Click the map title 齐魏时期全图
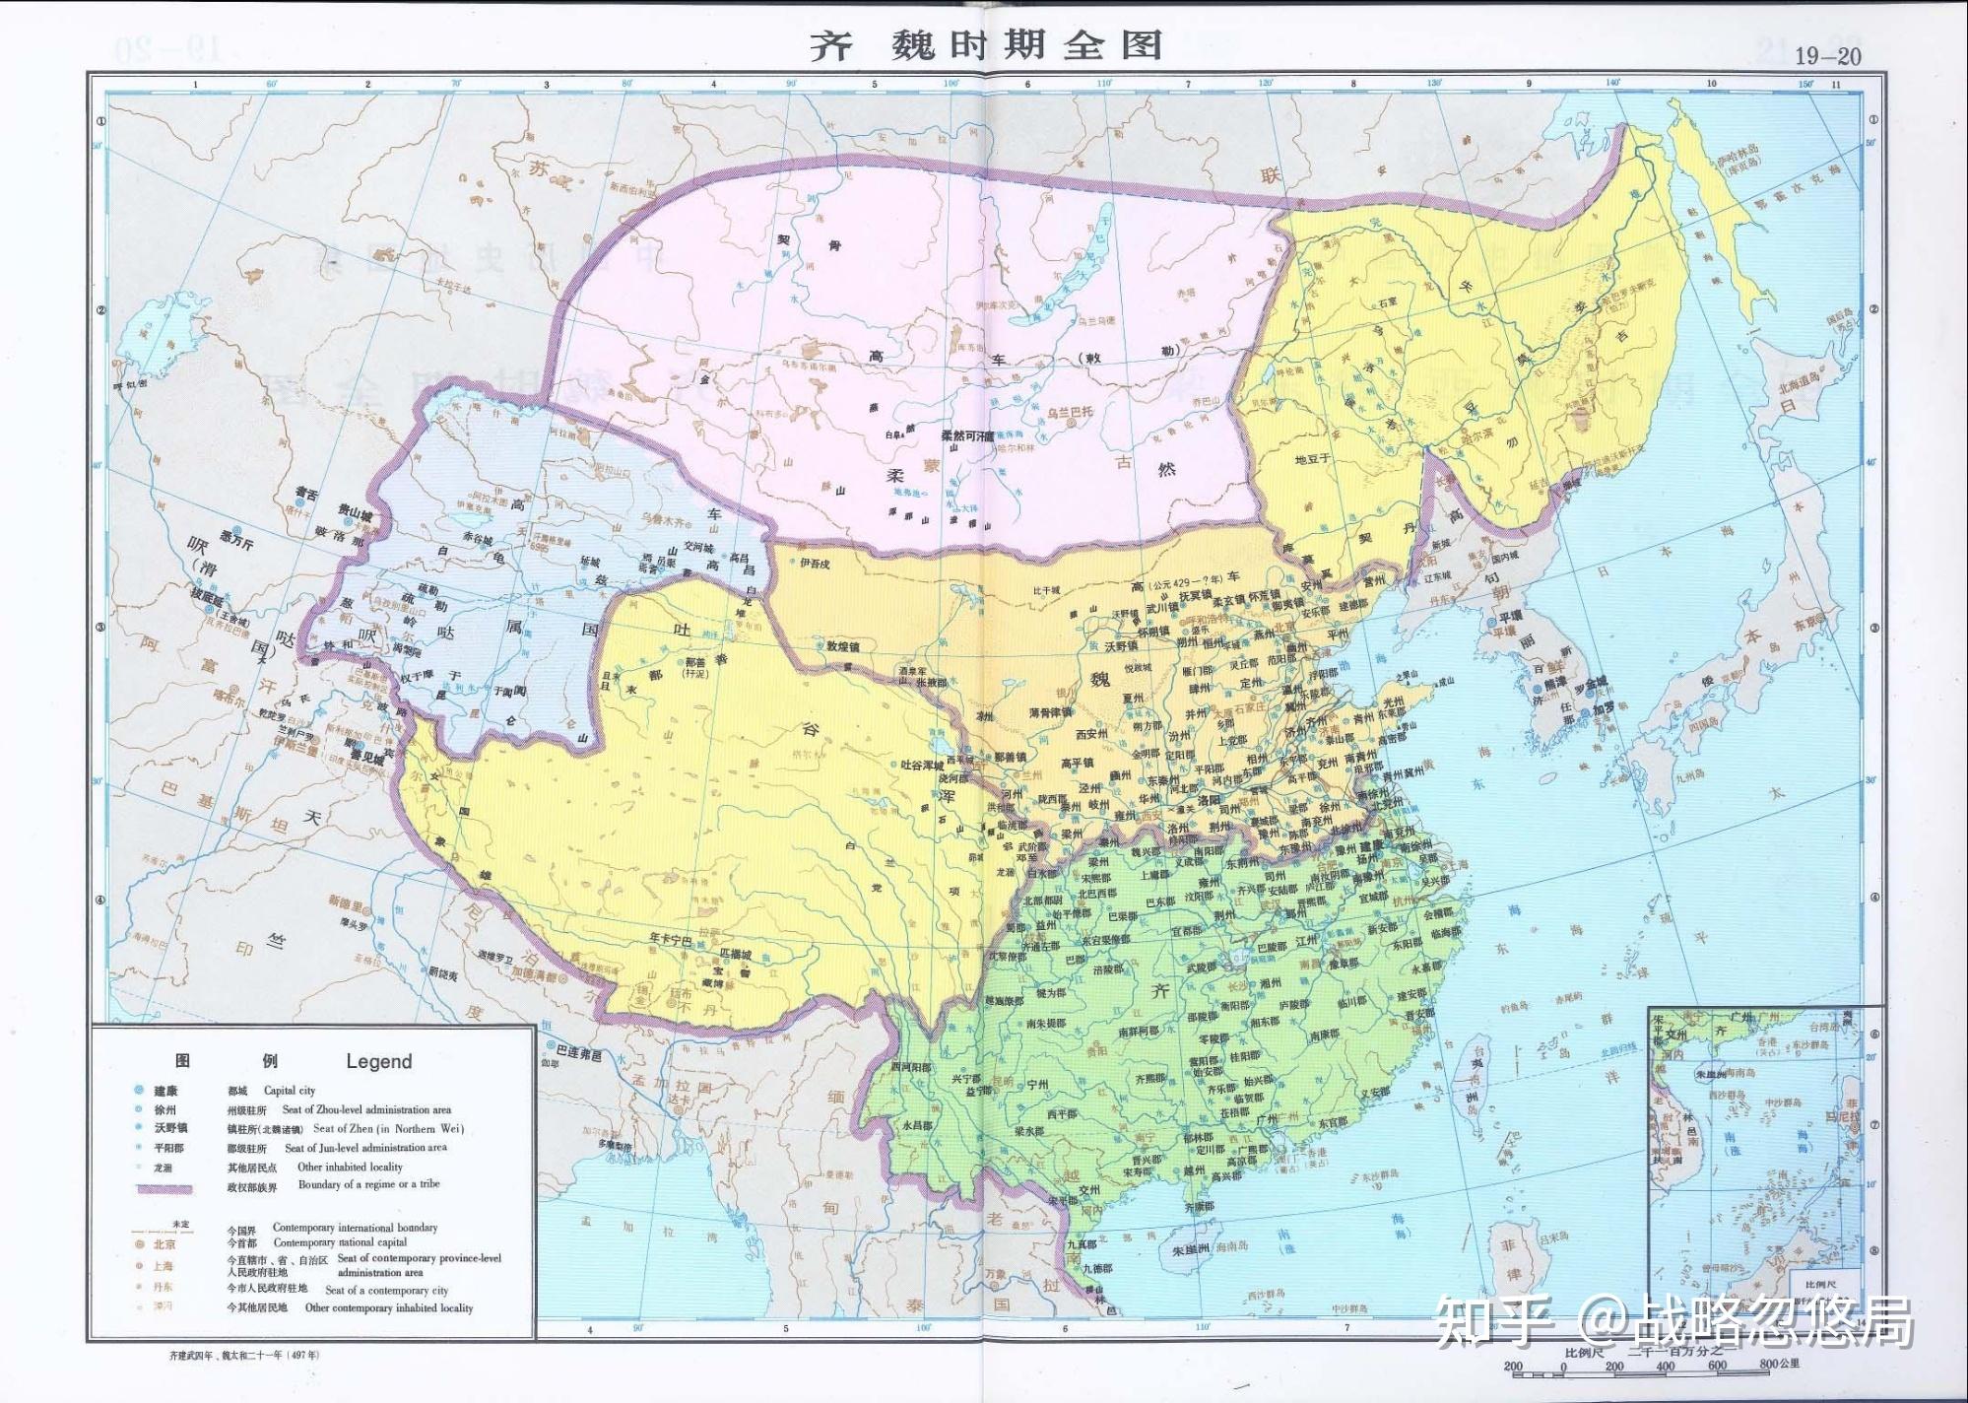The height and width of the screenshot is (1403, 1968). pyautogui.click(x=985, y=45)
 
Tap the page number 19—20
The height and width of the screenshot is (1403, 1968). pyautogui.click(x=1827, y=56)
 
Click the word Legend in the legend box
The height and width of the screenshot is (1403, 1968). pyautogui.click(x=378, y=1061)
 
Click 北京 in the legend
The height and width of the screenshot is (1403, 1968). pyautogui.click(x=164, y=1244)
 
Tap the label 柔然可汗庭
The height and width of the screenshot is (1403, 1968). pyautogui.click(x=968, y=434)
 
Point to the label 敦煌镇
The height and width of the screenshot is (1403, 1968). pyautogui.click(x=843, y=646)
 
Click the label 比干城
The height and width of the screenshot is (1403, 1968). pyautogui.click(x=1046, y=590)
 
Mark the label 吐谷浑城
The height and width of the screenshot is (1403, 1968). pyautogui.click(x=922, y=765)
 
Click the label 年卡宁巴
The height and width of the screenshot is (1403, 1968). pyautogui.click(x=669, y=939)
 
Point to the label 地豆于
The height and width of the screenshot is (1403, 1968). pyautogui.click(x=1312, y=459)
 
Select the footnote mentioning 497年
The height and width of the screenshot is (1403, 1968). pyautogui.click(x=244, y=1356)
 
